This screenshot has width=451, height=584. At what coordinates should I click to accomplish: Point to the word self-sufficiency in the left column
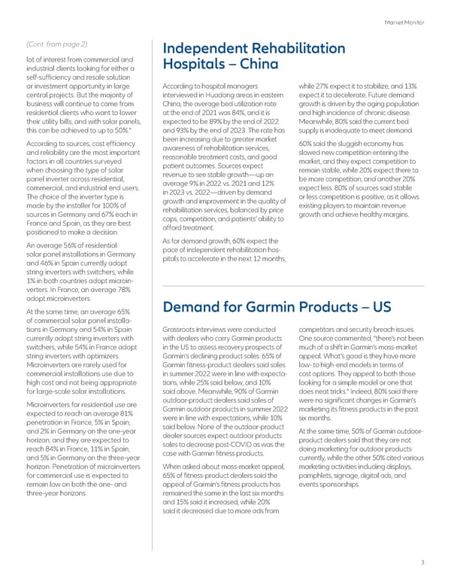point(52,77)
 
